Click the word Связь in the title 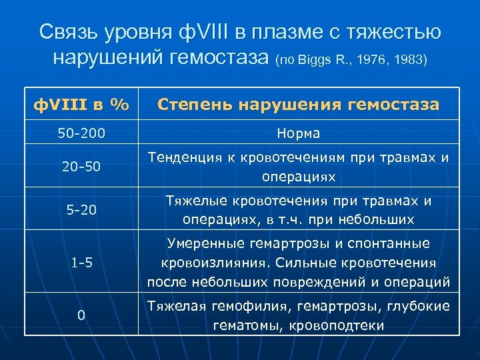click(69, 32)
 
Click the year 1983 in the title click(409, 61)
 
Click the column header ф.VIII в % click(82, 105)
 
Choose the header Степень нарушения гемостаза click(298, 105)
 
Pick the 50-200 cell click(81, 133)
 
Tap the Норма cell click(298, 133)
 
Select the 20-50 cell click(81, 166)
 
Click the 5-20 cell click(81, 210)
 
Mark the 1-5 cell click(81, 263)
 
